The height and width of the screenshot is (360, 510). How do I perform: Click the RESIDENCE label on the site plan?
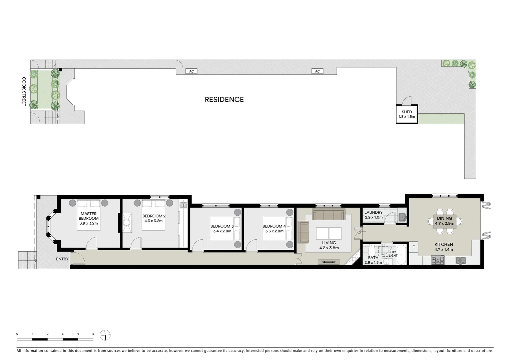[224, 99]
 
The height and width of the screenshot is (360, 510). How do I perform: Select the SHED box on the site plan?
[407, 114]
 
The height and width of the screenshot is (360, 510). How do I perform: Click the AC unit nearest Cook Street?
[191, 71]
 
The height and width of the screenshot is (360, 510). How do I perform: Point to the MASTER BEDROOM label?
[89, 216]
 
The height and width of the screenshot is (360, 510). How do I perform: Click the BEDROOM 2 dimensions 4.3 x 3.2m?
[153, 221]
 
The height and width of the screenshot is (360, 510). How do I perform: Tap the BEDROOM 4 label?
[274, 226]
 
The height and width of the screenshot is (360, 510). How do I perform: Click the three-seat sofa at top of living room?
[329, 215]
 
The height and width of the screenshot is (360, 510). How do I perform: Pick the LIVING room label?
[329, 243]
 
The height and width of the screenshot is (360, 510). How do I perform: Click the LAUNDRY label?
[373, 212]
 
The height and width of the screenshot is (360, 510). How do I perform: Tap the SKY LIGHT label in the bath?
[393, 254]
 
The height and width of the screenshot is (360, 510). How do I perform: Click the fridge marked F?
[414, 247]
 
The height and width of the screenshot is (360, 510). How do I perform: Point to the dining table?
[444, 221]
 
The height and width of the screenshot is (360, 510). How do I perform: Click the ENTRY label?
[62, 259]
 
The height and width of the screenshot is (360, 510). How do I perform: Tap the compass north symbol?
[105, 335]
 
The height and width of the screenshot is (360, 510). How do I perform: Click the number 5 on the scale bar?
[93, 334]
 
